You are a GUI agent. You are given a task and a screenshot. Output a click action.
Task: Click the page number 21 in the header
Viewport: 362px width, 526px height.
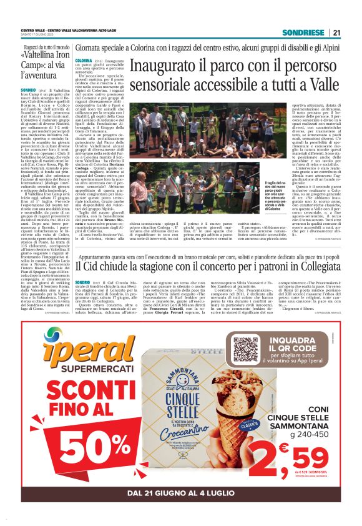coord(336,32)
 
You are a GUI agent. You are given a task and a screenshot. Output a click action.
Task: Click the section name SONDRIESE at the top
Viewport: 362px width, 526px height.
coord(303,32)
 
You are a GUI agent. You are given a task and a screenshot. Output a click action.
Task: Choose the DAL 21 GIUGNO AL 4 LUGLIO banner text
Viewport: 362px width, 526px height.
coord(181,494)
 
